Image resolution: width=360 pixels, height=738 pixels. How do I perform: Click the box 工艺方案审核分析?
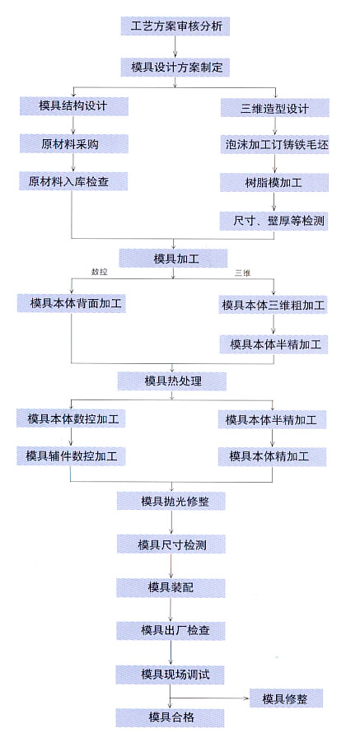coord(175,26)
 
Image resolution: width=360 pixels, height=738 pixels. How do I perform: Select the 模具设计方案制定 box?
coord(175,68)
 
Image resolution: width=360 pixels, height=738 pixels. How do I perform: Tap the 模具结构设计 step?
coord(74,106)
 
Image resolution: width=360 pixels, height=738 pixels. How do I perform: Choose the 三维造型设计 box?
coord(275,108)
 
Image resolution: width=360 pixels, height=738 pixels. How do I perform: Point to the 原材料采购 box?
coord(74,144)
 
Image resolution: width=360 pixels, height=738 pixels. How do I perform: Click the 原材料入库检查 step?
coord(73,181)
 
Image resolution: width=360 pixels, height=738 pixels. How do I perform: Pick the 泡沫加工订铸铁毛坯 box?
coord(275,145)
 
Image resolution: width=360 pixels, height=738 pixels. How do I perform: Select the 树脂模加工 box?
coord(275,183)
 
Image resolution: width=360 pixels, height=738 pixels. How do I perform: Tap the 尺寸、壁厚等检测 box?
coord(275,221)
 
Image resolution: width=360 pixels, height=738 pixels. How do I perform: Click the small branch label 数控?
coord(100,272)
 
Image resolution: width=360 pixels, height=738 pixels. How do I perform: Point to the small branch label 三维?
coord(242,273)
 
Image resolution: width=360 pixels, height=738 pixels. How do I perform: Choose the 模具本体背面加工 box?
coord(72,303)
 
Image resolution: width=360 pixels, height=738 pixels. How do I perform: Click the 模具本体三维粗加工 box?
coord(274,305)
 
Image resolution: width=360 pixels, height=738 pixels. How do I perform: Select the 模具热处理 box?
coord(172,381)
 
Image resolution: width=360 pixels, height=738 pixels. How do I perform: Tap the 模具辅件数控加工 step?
coord(71,456)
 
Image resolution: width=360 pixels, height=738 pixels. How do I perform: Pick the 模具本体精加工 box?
coord(273,456)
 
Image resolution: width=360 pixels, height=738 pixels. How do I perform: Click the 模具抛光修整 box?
coord(171,501)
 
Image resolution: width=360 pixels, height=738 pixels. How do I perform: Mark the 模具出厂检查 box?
coord(171,630)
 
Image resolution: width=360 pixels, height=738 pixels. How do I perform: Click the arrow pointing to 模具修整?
coord(209,698)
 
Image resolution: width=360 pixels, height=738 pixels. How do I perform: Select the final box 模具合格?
coord(171,717)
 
